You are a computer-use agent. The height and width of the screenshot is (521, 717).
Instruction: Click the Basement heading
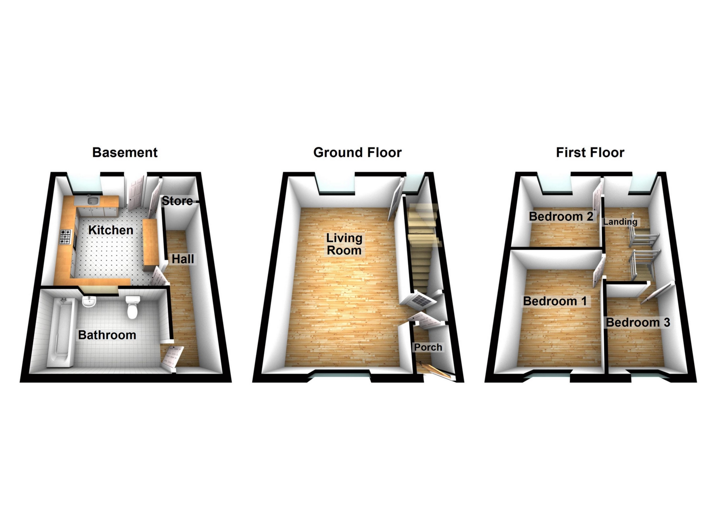125,152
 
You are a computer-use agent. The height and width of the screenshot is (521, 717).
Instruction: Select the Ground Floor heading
357,152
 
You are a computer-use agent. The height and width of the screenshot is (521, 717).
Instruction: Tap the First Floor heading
590,152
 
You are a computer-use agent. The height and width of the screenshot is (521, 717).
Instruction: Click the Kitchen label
111,230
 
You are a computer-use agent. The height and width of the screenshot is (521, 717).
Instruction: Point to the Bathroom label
107,335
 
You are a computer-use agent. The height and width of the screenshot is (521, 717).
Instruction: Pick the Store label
177,201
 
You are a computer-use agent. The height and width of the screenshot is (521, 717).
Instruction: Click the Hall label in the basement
183,259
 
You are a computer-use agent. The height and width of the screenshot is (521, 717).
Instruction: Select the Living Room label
344,244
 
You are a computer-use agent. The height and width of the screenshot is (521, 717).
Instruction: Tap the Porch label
428,347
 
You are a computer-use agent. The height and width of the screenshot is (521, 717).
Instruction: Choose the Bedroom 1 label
555,301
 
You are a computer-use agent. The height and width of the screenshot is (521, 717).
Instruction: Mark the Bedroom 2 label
561,216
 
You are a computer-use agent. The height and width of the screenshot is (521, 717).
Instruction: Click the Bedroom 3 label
637,322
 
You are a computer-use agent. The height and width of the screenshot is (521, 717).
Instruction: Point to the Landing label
620,222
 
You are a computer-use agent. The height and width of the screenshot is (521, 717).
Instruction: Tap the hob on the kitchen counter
65,237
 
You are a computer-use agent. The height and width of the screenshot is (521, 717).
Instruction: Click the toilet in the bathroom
133,307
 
